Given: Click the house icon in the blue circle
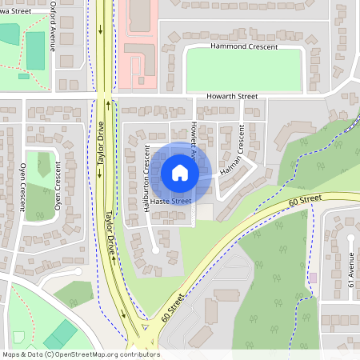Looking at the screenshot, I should (180, 172).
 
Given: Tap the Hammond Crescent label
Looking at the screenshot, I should (244, 46).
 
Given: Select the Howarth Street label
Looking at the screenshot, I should (231, 96).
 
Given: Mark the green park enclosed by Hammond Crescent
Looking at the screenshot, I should (244, 70).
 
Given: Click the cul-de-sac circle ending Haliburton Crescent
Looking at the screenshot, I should (155, 250).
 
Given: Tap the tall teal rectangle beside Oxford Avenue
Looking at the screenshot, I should (35, 50).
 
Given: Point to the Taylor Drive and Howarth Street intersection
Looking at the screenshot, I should (104, 99).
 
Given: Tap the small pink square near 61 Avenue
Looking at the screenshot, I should (314, 277).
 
